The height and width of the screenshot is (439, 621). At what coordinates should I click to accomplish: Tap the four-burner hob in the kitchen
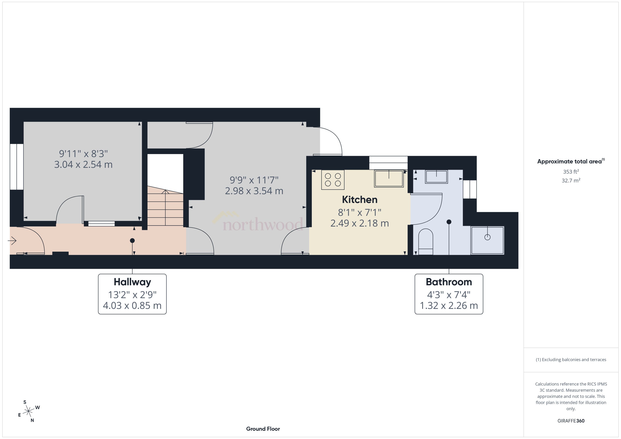tap(333, 180)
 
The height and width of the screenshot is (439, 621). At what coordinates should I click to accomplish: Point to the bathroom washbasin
tap(436, 177)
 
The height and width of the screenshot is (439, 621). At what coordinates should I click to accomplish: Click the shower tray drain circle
tap(487, 237)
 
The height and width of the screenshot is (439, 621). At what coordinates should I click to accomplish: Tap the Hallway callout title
tap(132, 282)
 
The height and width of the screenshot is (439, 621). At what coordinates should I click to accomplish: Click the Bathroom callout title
tap(449, 282)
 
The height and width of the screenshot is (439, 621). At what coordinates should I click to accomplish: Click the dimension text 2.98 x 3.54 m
tap(254, 191)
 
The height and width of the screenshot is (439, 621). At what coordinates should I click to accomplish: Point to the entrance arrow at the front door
tap(12, 241)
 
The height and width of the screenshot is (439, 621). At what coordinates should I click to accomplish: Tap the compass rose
tap(28, 411)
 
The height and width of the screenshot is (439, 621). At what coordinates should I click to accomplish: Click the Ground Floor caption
tap(263, 429)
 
